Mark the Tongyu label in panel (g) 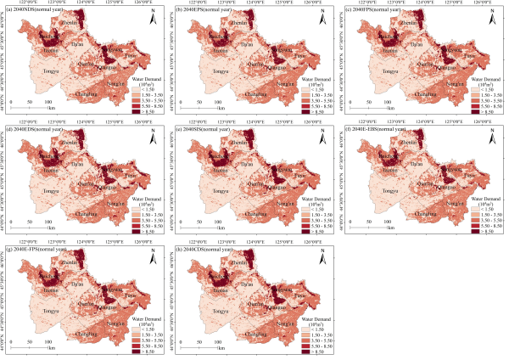point(51,312)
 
